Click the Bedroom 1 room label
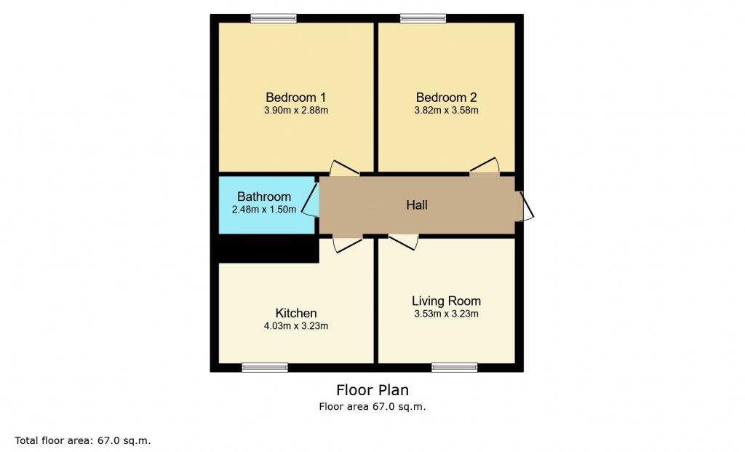(295, 98)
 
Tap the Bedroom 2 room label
(446, 98)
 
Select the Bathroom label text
(264, 197)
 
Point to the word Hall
(417, 205)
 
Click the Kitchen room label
(295, 313)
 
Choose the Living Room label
(446, 301)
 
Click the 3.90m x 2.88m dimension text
(296, 111)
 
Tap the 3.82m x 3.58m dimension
(446, 111)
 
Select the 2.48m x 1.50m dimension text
(264, 210)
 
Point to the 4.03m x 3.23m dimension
(296, 326)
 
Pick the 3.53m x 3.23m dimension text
(446, 314)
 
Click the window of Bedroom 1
(274, 19)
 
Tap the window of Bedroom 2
(423, 19)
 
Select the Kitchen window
(265, 368)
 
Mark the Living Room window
(454, 368)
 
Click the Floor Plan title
(372, 390)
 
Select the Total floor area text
(83, 440)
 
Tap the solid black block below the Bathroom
(268, 249)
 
